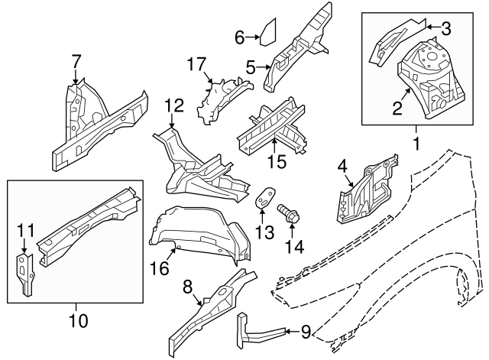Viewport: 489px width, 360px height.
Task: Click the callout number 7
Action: coord(76,60)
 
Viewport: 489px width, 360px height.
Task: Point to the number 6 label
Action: coord(239,37)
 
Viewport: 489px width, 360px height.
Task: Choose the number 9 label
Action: coord(306,332)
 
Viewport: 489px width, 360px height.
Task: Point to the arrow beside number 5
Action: coord(263,67)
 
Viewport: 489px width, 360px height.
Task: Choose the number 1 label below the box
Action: coord(416,142)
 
